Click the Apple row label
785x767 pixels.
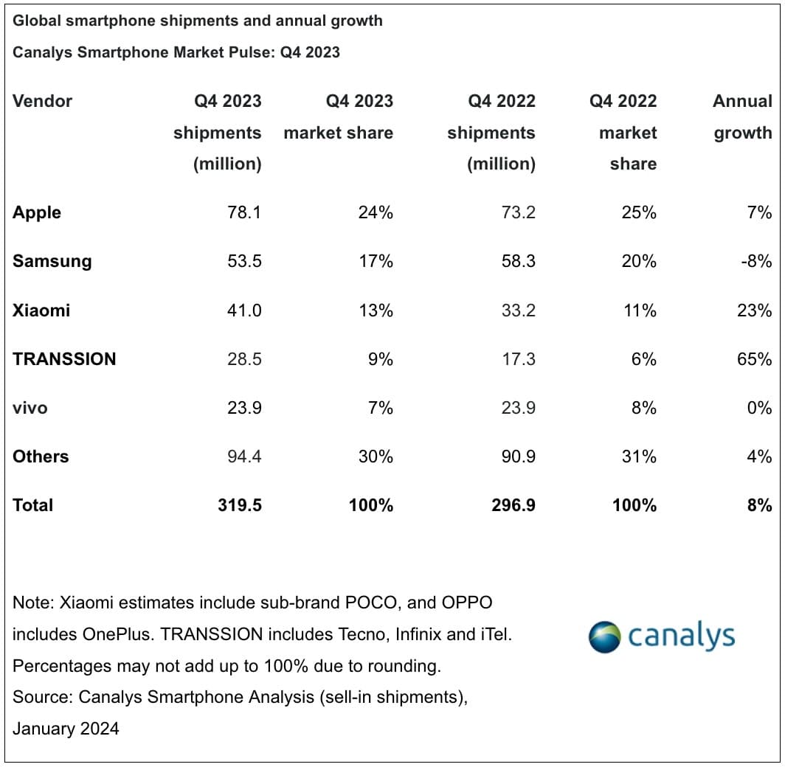tap(37, 213)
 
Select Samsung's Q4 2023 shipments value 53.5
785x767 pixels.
tap(244, 262)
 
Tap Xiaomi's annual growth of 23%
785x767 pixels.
tap(754, 310)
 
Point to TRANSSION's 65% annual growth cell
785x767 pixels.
tap(754, 359)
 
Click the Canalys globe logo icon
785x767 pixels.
tap(604, 636)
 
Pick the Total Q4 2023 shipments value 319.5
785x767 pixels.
tap(240, 505)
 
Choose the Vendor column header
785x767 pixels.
tap(43, 101)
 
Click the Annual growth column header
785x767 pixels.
tap(742, 117)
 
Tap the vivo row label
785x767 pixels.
tap(30, 408)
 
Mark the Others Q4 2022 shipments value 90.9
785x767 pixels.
tap(518, 457)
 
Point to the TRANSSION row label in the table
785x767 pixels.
tap(64, 359)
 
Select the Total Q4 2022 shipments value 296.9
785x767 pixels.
tap(513, 505)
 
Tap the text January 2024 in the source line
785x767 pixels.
tap(66, 729)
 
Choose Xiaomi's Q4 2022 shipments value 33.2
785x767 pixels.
tap(518, 310)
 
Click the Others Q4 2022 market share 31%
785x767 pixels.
tap(639, 457)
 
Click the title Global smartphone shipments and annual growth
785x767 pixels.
tap(198, 21)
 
